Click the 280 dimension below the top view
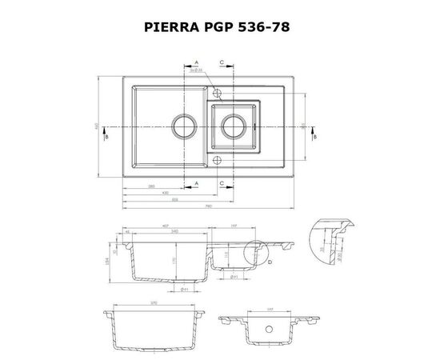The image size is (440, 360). pos(151,186)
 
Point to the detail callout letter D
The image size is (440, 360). pos(270,261)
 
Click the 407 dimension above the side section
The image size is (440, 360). pos(165,226)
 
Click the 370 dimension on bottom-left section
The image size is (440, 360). pos(152,306)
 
